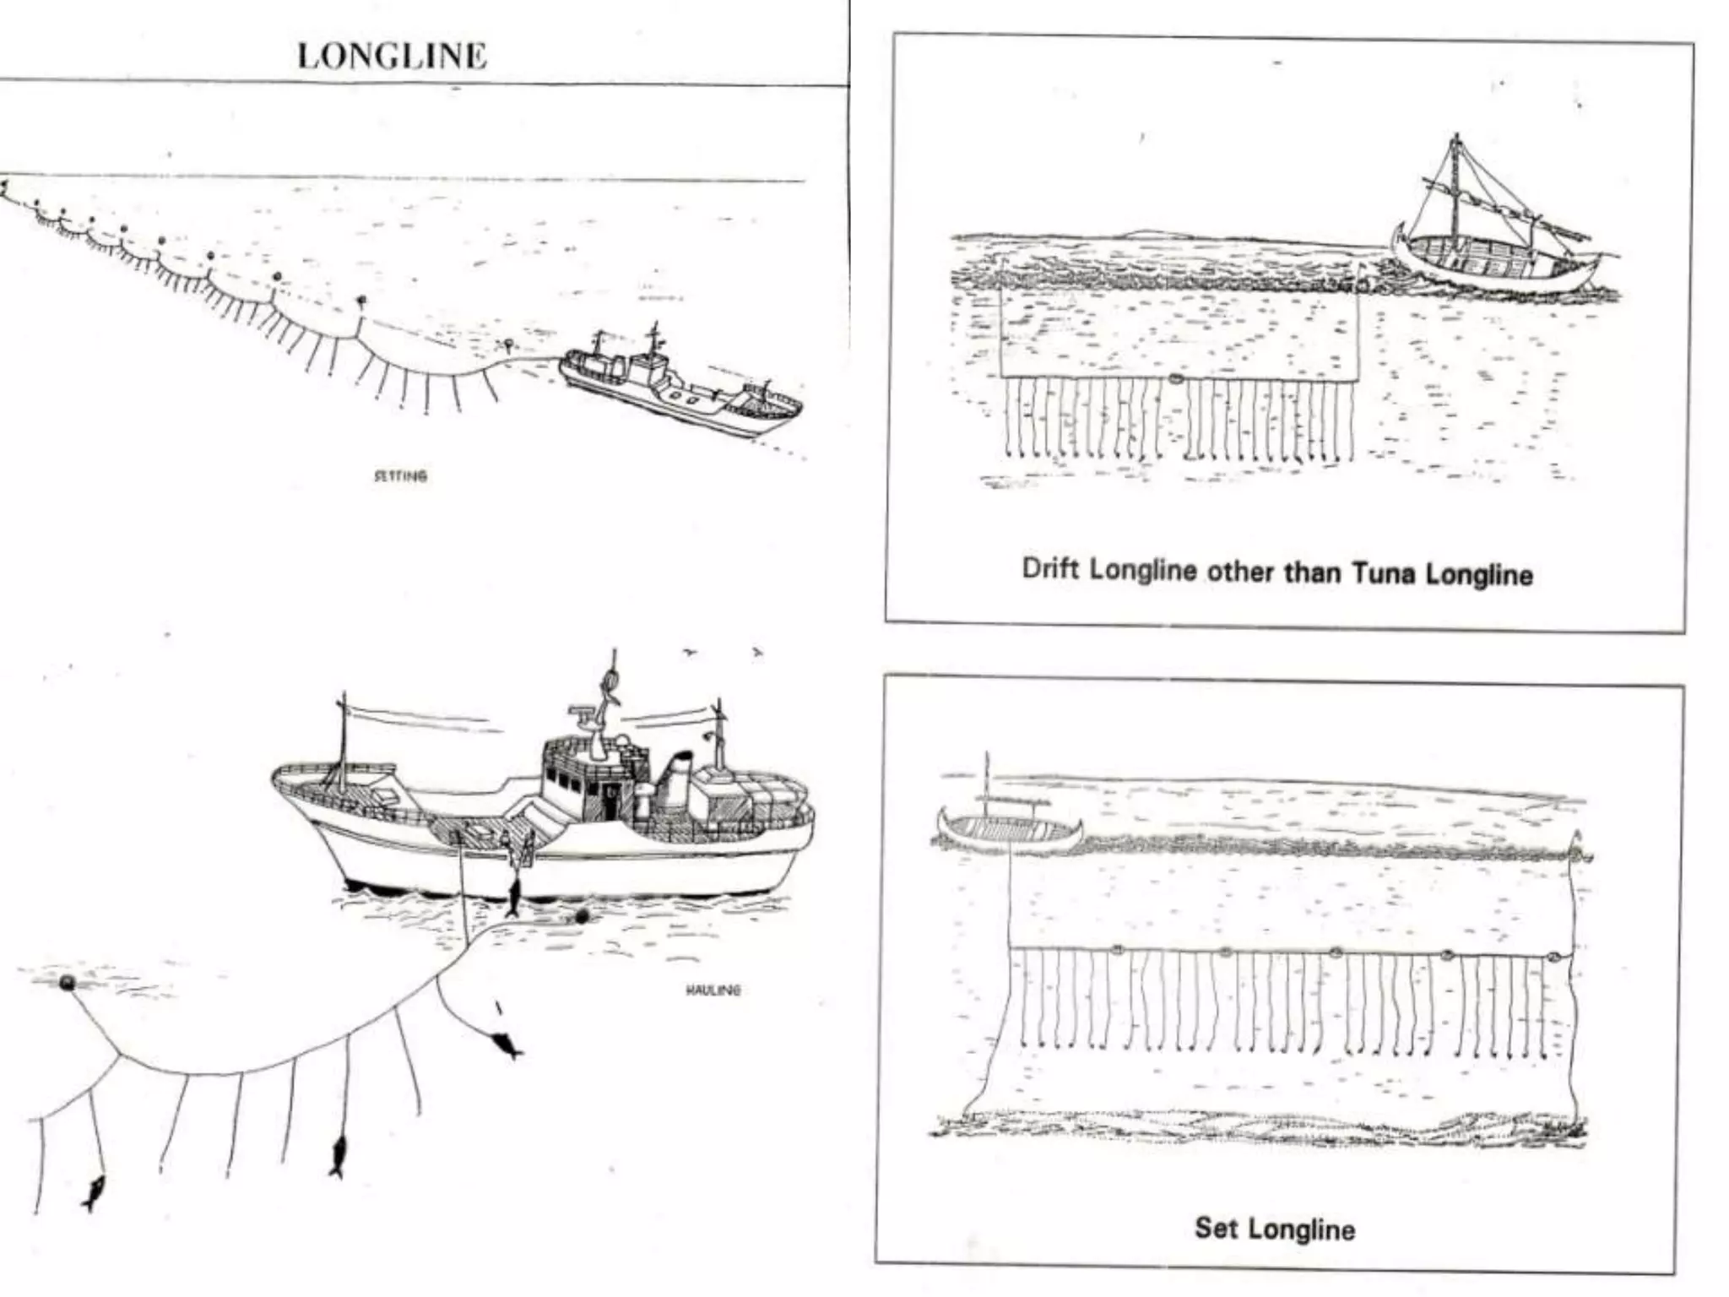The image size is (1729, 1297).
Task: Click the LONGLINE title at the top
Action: pyautogui.click(x=392, y=56)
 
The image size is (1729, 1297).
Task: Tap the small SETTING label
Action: pyautogui.click(x=400, y=475)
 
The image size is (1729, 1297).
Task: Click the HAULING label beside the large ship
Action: pyautogui.click(x=713, y=990)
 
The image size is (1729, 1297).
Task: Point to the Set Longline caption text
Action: pyautogui.click(x=1274, y=1228)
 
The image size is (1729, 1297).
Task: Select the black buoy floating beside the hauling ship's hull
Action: pyautogui.click(x=580, y=918)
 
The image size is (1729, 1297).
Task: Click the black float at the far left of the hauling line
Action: pyautogui.click(x=66, y=983)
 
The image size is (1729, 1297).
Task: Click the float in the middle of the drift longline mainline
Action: pyautogui.click(x=1174, y=378)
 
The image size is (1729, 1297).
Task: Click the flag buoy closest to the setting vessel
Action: pyautogui.click(x=507, y=344)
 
